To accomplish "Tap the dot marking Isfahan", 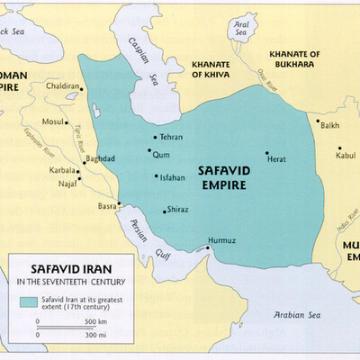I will (x=156, y=177).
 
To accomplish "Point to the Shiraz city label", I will (x=177, y=211).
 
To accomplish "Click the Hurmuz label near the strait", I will (x=223, y=240).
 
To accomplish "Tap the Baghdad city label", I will (x=100, y=159).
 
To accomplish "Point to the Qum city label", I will (x=162, y=154).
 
